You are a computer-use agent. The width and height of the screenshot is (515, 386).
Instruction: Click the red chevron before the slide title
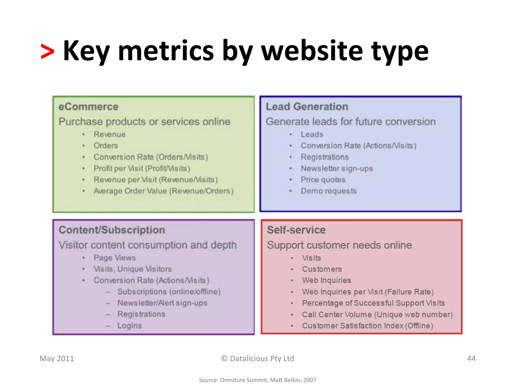tap(47, 52)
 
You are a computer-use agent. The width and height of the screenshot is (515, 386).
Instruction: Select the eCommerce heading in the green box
tap(88, 107)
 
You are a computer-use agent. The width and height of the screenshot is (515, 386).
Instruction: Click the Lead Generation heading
tap(307, 107)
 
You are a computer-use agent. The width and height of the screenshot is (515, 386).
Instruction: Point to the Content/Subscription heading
tap(112, 230)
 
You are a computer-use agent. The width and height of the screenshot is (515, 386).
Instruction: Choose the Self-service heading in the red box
tap(296, 230)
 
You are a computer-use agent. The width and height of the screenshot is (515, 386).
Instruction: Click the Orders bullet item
tap(106, 146)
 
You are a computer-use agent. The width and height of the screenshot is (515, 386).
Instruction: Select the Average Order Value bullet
tap(163, 191)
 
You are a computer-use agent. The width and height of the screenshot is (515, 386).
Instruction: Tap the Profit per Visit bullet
tap(142, 168)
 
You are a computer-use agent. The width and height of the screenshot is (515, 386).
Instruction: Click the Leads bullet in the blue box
tap(312, 134)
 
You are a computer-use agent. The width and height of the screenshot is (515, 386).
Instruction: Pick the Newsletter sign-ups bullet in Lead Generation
tap(337, 168)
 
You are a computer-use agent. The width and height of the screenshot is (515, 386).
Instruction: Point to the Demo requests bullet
tap(328, 191)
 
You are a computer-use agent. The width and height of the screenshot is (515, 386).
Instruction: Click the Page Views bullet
tap(114, 258)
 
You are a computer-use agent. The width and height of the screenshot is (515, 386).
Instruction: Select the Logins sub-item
tap(130, 325)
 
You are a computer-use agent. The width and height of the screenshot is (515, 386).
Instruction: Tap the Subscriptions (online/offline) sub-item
tap(169, 292)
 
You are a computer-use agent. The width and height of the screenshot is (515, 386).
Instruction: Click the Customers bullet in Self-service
tap(322, 269)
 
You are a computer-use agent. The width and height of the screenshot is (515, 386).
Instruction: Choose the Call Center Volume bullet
tap(377, 314)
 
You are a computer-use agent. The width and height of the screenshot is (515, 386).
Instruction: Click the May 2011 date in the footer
tap(57, 358)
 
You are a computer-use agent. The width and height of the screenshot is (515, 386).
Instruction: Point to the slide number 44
tap(471, 358)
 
